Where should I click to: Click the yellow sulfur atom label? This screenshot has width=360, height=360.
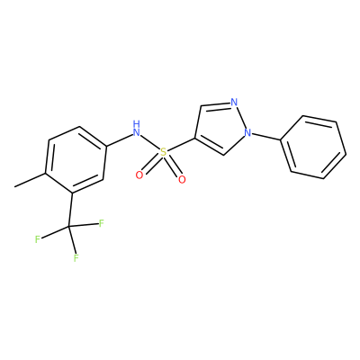tap(163, 152)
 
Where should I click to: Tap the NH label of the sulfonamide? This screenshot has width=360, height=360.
tap(137, 129)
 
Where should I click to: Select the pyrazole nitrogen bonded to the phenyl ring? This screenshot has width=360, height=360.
tap(247, 132)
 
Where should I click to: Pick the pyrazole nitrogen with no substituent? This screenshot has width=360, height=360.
tap(234, 103)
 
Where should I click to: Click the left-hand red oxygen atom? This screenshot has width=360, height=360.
tap(139, 175)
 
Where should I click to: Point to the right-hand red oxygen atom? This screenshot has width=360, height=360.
tap(182, 179)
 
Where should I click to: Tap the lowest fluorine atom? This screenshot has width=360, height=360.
tap(76, 257)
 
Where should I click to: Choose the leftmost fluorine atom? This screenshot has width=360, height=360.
tap(38, 239)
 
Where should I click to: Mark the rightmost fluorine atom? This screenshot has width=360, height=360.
tap(102, 223)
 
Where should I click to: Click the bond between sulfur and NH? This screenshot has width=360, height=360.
tap(150, 143)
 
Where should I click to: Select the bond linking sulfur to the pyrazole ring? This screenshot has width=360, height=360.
tap(181, 146)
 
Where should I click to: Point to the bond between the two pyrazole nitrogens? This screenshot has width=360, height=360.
tap(241, 118)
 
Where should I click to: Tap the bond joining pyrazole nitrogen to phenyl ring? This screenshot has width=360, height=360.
tap(266, 136)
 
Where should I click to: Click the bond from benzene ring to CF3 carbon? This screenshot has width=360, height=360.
tap(71, 210)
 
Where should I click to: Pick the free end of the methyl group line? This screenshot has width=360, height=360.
tap(14, 187)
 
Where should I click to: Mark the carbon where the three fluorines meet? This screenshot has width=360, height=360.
tap(68, 227)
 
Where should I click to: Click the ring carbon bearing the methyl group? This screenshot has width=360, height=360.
tap(45, 174)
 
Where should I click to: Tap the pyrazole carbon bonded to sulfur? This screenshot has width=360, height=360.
tap(195, 139)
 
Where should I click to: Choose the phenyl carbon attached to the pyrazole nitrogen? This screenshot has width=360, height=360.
tap(280, 139)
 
